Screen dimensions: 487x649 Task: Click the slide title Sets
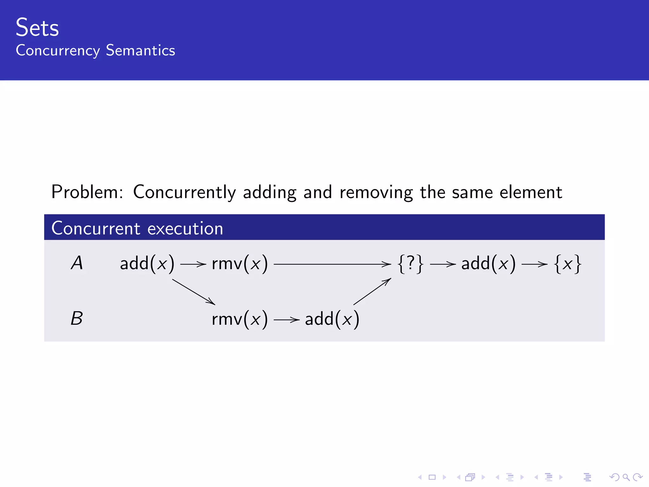pyautogui.click(x=37, y=28)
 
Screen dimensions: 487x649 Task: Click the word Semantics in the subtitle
pyautogui.click(x=140, y=51)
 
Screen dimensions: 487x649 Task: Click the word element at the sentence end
pyautogui.click(x=531, y=192)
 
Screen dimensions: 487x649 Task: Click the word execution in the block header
pyautogui.click(x=185, y=229)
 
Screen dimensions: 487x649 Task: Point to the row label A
pyautogui.click(x=77, y=263)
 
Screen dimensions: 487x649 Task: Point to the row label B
pyautogui.click(x=77, y=319)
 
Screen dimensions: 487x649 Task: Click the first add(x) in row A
pyautogui.click(x=147, y=263)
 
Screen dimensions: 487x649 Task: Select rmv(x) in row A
pyautogui.click(x=240, y=263)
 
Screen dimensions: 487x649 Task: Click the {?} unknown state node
pyautogui.click(x=410, y=263)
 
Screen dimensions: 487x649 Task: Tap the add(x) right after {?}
pyautogui.click(x=488, y=263)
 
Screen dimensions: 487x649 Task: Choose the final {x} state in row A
pyautogui.click(x=568, y=263)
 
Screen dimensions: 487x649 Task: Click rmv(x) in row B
pyautogui.click(x=240, y=319)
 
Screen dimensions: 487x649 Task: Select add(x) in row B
pyautogui.click(x=332, y=319)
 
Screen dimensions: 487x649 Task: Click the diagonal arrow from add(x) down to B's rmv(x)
pyautogui.click(x=194, y=292)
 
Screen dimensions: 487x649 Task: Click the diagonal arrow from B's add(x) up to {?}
pyautogui.click(x=372, y=291)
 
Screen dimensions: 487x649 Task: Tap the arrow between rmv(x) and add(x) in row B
pyautogui.click(x=286, y=320)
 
